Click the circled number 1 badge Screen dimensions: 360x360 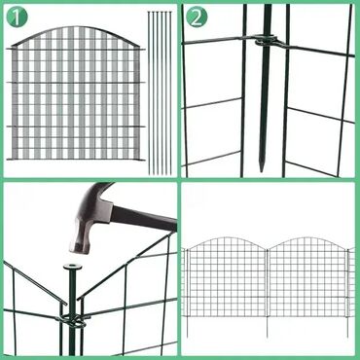tap(18, 17)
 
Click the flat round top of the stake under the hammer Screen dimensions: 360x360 tap(73, 267)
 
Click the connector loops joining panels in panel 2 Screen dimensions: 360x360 tap(267, 41)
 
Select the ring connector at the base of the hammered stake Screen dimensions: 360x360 tap(72, 320)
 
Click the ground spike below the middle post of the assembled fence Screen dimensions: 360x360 tap(267, 327)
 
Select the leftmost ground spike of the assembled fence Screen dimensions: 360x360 tap(187, 327)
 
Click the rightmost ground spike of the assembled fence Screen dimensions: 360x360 tap(347, 327)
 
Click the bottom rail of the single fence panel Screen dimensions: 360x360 tap(76, 160)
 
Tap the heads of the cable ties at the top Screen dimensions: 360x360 tap(160, 13)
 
